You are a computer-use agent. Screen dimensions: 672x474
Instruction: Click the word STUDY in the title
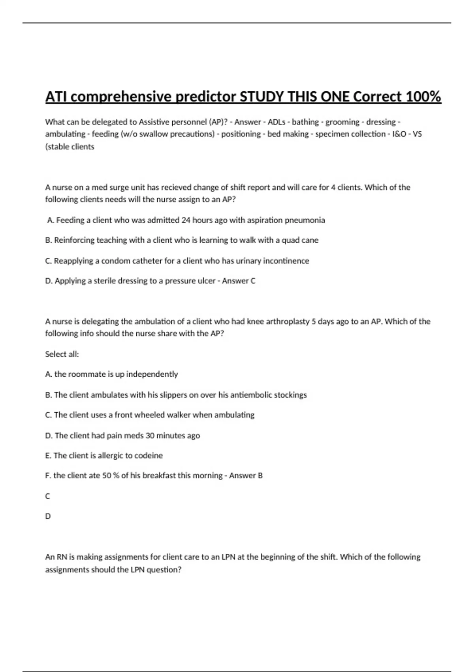262,96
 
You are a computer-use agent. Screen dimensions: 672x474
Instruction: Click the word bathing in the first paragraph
305,122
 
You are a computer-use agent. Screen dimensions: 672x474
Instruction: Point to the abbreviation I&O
399,134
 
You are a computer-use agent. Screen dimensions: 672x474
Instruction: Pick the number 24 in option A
186,220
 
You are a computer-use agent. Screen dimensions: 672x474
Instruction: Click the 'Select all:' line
62,354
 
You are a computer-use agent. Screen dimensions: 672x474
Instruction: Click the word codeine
148,456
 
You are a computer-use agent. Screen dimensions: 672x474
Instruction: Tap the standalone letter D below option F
48,516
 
